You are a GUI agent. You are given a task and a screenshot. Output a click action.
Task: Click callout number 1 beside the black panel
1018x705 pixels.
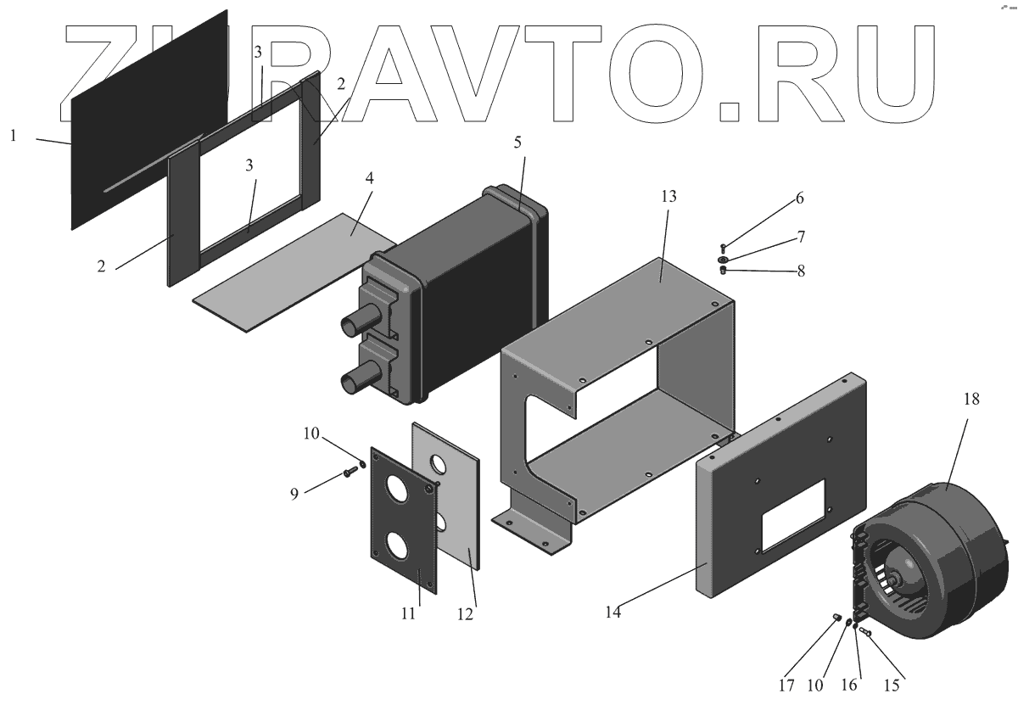[x=14, y=135]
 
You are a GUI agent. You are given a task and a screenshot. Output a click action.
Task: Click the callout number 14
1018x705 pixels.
[x=613, y=610]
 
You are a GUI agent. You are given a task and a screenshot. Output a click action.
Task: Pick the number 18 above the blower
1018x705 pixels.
[x=970, y=400]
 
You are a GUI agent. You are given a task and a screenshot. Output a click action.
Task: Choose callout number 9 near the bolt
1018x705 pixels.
[x=294, y=492]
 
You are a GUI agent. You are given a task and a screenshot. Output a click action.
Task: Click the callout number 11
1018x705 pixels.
[x=408, y=613]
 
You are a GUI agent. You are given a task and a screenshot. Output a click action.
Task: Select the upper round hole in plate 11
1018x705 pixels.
[x=397, y=490]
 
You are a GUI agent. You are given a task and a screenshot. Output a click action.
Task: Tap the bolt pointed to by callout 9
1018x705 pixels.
[x=350, y=473]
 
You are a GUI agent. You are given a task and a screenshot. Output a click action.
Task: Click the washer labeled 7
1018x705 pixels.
[x=723, y=259]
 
